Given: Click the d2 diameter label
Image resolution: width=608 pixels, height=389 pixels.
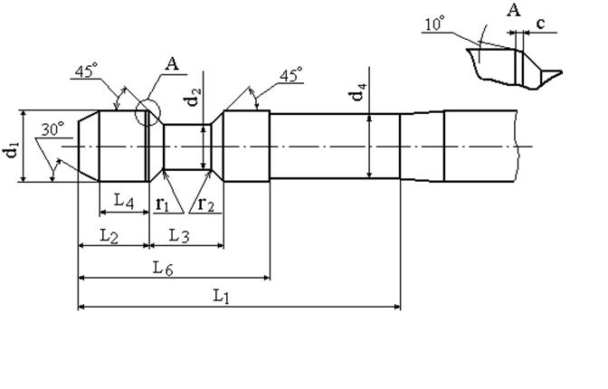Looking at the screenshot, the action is [x=194, y=97].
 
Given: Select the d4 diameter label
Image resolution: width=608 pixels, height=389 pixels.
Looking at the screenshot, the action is [x=358, y=91].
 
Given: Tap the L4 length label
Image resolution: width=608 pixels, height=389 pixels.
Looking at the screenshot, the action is [x=124, y=202].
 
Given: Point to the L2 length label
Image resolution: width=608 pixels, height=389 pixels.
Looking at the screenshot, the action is [x=109, y=236].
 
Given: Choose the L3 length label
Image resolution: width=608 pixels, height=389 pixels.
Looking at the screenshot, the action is [x=179, y=236].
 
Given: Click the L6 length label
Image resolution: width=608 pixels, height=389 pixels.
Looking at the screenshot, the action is [x=163, y=269].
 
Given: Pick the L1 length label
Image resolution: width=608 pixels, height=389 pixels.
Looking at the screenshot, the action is [x=222, y=297].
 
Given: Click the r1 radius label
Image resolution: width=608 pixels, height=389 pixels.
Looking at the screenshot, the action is [x=163, y=204].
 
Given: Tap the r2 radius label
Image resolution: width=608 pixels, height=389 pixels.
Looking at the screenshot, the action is [x=205, y=204].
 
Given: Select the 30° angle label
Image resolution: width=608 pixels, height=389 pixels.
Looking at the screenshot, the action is [x=52, y=129].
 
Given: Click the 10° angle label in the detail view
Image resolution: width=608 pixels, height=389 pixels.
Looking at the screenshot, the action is [x=434, y=24].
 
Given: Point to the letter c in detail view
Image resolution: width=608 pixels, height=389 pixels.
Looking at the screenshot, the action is [x=540, y=24].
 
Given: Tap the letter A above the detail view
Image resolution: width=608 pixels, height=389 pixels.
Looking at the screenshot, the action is [x=513, y=10].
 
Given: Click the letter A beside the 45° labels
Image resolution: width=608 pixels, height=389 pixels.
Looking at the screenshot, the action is [x=172, y=64].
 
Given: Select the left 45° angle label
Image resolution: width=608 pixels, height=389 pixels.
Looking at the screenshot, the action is [x=86, y=71].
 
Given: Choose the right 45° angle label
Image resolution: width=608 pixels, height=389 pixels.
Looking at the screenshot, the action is [x=290, y=75].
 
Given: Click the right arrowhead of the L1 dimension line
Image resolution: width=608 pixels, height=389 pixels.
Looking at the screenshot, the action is [x=397, y=307].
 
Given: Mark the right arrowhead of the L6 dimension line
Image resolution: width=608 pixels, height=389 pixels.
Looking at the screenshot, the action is [x=267, y=278].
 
